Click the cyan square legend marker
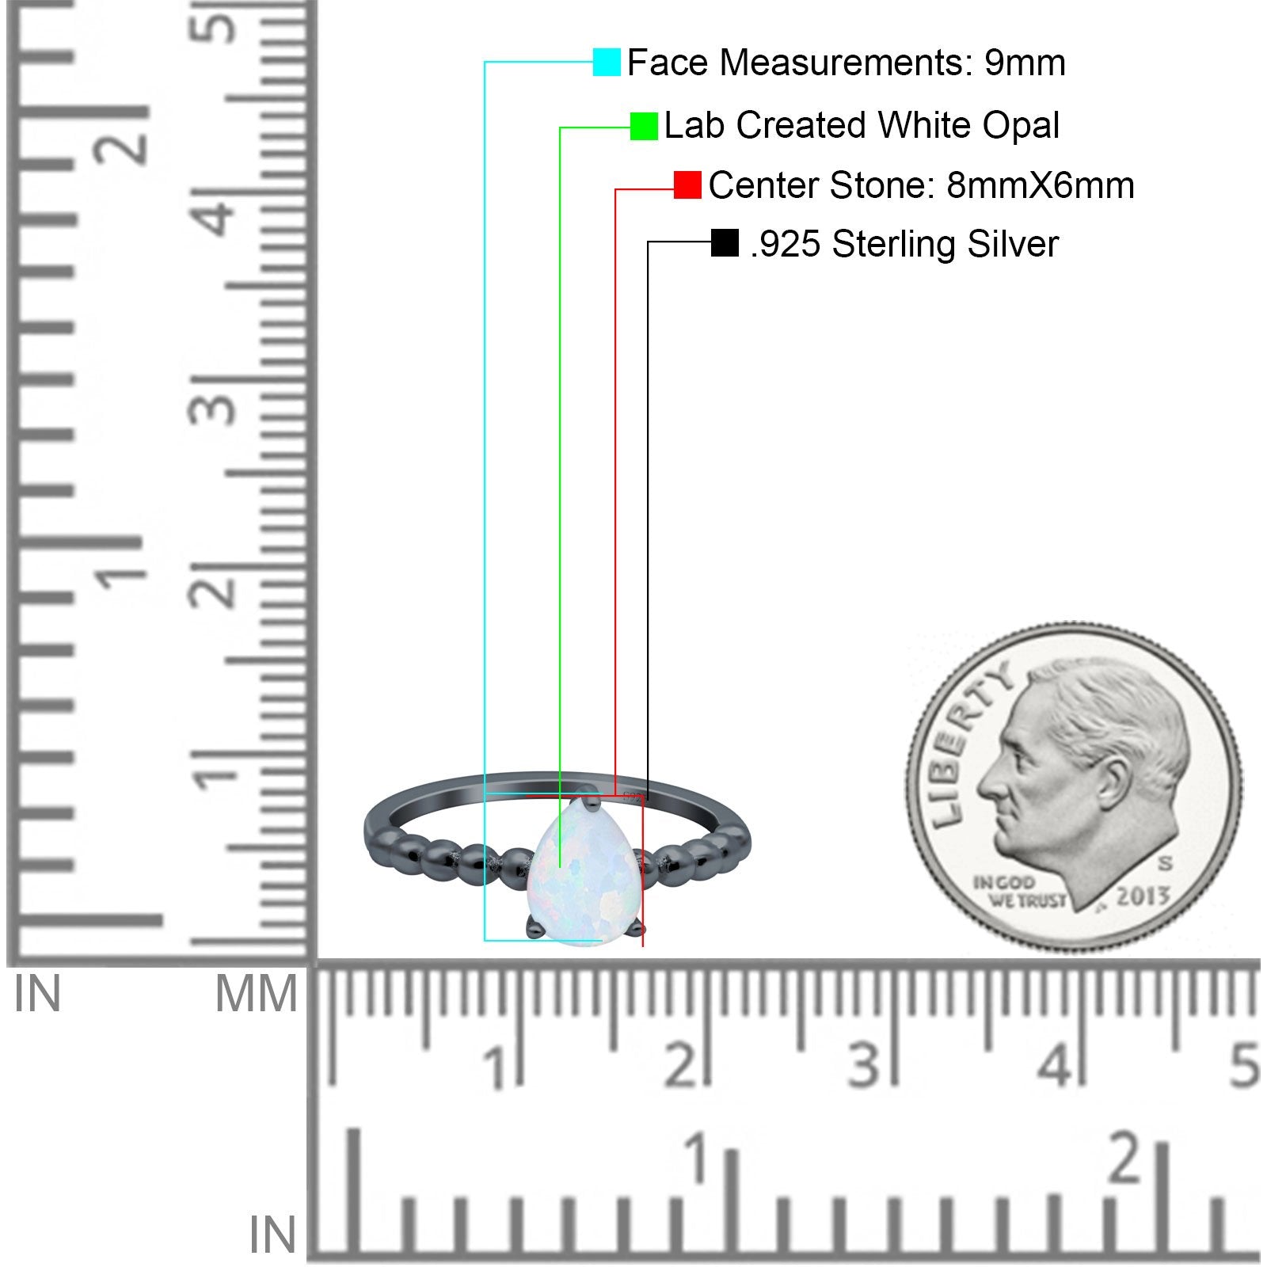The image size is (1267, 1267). click(607, 62)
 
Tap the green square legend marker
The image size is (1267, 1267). click(644, 126)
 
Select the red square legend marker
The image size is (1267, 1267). click(687, 185)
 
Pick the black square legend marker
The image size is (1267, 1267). click(725, 243)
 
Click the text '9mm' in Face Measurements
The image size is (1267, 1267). click(1025, 63)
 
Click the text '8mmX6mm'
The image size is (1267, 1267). click(1041, 185)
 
